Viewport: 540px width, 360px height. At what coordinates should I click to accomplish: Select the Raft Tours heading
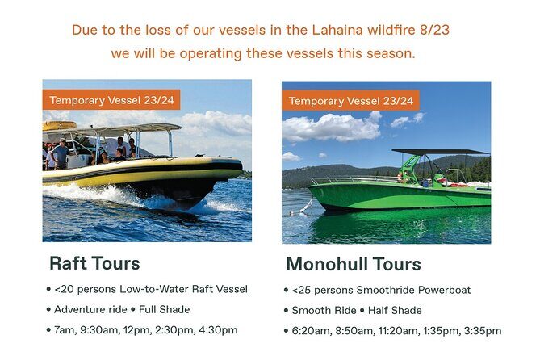[x=94, y=263]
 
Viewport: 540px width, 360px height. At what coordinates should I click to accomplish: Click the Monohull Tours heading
[x=354, y=264]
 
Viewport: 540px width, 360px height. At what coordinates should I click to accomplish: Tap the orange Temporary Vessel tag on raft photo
[x=111, y=100]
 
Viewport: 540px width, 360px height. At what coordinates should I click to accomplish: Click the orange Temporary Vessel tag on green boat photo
[x=350, y=101]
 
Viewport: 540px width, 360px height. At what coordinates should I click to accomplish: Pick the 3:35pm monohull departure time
[x=482, y=330]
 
